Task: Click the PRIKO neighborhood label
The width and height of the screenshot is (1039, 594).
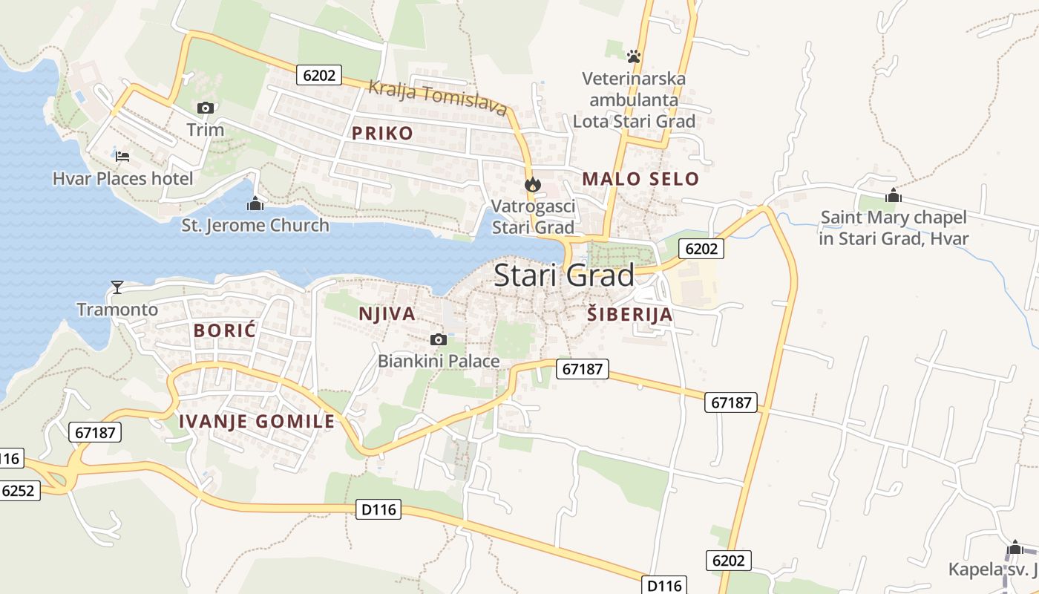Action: [x=382, y=134]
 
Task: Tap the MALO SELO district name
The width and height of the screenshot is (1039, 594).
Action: [x=640, y=179]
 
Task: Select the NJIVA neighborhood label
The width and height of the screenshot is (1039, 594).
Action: [x=387, y=314]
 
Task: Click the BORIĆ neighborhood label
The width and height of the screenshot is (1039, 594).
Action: [x=225, y=331]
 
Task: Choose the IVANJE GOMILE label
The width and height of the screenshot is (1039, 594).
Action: [x=257, y=422]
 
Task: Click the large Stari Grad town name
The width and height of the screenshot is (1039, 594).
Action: [x=564, y=275]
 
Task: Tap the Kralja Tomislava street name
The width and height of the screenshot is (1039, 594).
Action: [x=438, y=99]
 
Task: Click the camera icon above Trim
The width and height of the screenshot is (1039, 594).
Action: [x=206, y=108]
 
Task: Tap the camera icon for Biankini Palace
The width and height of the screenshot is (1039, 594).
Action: [x=439, y=340]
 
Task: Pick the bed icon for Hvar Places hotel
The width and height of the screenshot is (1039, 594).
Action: [x=122, y=156]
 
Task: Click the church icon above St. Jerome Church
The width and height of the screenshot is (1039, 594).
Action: [x=255, y=203]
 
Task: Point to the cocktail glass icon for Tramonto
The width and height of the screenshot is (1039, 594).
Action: [x=117, y=287]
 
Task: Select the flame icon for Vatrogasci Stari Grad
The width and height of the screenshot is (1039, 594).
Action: [x=533, y=184]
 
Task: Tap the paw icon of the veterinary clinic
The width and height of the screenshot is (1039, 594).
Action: [x=633, y=56]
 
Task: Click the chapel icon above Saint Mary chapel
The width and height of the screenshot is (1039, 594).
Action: [x=894, y=195]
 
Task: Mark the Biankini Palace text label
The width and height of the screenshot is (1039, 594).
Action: [x=439, y=362]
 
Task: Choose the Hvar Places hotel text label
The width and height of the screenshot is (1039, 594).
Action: [x=122, y=178]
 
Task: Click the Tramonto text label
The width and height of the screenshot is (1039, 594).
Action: [x=117, y=309]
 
